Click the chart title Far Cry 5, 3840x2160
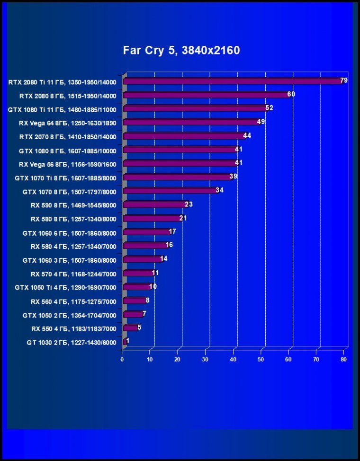tap(181, 50)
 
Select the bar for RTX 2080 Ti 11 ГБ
tap(232, 81)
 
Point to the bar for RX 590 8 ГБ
tap(154, 205)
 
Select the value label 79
tap(344, 80)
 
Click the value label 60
tap(291, 94)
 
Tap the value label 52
tap(269, 108)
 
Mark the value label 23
tap(189, 204)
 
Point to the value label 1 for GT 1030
tap(128, 340)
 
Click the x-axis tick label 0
tap(122, 360)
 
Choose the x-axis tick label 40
tap(233, 360)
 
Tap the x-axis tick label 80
tap(344, 360)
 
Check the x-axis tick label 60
tap(288, 360)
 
